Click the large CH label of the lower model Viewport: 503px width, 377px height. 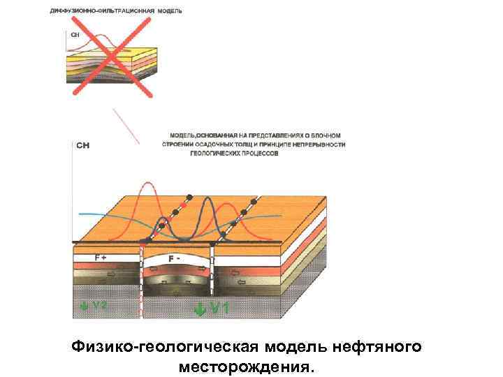tap(82, 146)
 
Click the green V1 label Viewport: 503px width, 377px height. tap(220, 307)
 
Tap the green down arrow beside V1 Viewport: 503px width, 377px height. tap(201, 308)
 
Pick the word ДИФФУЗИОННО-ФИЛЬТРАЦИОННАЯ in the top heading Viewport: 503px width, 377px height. tap(94, 12)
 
